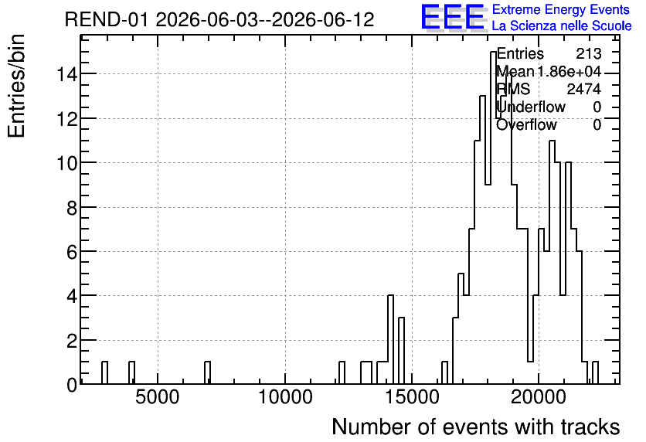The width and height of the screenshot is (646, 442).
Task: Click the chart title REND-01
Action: coord(106,19)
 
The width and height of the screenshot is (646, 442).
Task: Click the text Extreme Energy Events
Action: coord(561,9)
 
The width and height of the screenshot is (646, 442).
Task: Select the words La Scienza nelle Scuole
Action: coord(562,26)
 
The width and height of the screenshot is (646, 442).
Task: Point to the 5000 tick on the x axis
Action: coord(158,397)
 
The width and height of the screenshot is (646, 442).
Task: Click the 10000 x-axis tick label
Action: coord(285,397)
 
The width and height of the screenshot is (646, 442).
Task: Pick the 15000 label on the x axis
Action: coord(412,397)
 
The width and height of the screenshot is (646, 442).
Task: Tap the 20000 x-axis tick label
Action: coord(539,397)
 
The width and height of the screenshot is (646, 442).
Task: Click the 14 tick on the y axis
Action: coord(66,74)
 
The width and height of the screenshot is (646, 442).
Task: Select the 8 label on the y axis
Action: coord(72,208)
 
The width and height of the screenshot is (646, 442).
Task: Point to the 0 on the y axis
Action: coord(72,385)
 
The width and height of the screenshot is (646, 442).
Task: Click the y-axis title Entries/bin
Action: coord(16,87)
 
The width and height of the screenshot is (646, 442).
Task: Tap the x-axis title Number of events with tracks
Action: coord(476,427)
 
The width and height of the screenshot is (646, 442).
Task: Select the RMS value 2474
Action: coord(583,89)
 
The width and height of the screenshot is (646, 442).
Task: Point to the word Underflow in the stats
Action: coord(531,107)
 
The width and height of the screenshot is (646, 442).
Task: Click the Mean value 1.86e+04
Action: coord(569,72)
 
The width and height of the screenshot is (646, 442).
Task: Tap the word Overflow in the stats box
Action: coord(526,124)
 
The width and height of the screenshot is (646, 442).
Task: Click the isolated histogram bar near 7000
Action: coord(207,372)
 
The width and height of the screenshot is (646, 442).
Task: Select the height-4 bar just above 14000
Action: coord(390,339)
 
